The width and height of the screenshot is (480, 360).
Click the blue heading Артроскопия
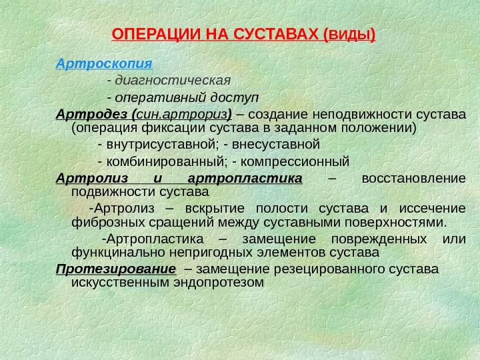click(105, 65)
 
